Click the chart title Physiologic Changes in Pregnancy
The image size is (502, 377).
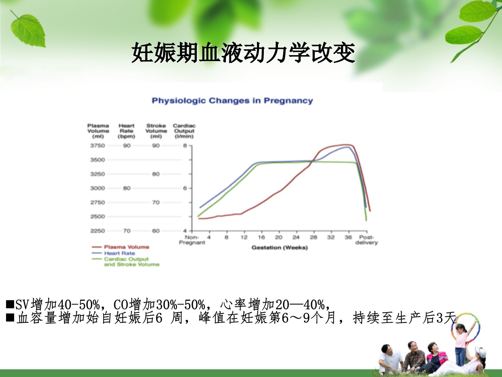pos(233,101)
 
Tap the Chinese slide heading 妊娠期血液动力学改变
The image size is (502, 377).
pos(243,53)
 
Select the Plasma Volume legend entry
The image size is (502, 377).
pos(121,247)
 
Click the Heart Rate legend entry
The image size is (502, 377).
pos(113,253)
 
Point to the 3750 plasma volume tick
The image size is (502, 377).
pos(97,146)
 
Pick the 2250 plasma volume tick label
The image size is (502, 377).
pos(97,231)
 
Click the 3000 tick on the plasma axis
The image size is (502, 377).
pos(97,188)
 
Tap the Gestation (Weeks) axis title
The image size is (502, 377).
pos(280,247)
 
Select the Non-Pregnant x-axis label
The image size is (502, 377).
pos(192,240)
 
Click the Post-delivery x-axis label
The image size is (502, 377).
pos(366,240)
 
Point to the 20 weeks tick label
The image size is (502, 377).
pos(279,237)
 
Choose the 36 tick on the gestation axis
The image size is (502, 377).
pos(348,237)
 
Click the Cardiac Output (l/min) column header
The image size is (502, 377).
pos(184,131)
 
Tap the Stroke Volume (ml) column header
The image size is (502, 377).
pos(156,131)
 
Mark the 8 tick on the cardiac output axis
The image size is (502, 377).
pos(185,146)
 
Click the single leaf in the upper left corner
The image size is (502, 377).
pos(29,30)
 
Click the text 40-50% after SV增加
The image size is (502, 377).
pos(79,304)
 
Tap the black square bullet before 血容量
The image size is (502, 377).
pos(10,318)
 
